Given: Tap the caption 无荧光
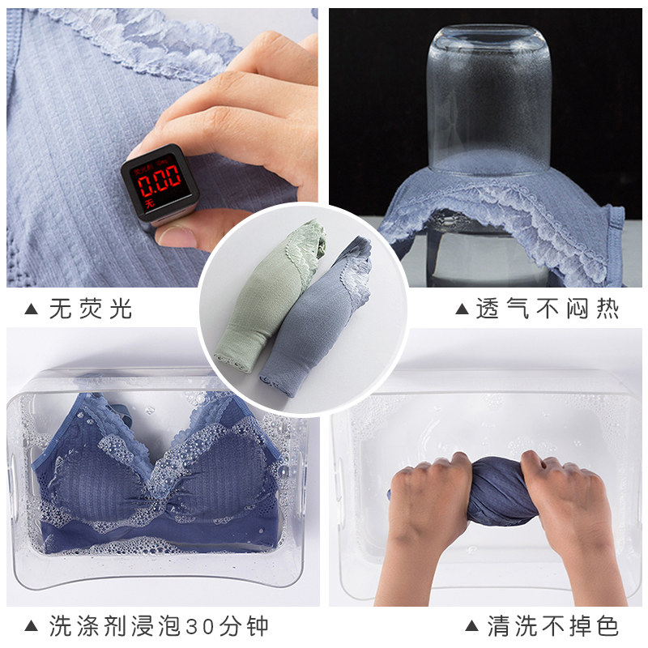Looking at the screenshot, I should [91, 309].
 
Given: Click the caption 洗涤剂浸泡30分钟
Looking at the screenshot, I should [159, 625].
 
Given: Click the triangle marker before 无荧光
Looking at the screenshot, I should [32, 309].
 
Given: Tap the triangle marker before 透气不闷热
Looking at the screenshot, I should [463, 309].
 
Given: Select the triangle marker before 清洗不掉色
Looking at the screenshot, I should [471, 625].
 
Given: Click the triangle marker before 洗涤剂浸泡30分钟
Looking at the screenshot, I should [32, 625].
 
